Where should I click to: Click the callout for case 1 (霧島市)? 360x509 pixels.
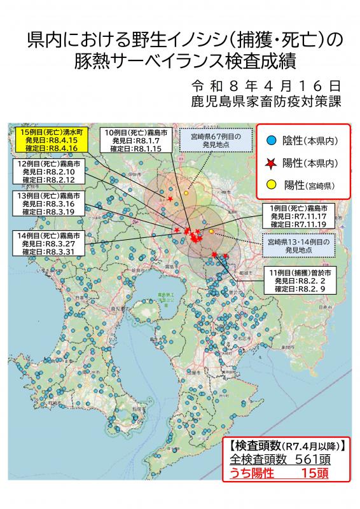point(299,216)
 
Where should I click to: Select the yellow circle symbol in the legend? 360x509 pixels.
point(270,185)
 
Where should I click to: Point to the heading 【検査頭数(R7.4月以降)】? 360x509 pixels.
point(288,445)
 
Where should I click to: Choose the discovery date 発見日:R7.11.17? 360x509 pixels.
point(299,216)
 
